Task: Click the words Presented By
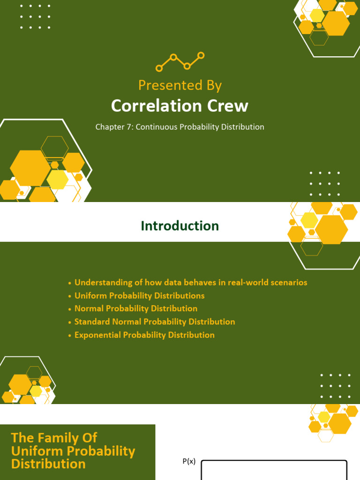(x=180, y=85)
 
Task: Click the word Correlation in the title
(x=150, y=106)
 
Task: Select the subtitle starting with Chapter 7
(x=180, y=127)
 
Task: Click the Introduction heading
(x=180, y=226)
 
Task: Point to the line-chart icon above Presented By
(x=180, y=61)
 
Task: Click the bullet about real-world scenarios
(x=191, y=283)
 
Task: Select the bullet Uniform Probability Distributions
(x=139, y=296)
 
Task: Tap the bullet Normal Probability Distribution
(x=136, y=308)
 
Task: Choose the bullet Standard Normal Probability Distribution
(x=155, y=322)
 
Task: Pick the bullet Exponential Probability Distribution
(x=144, y=335)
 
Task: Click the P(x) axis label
(x=189, y=462)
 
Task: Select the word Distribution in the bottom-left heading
(x=48, y=464)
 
